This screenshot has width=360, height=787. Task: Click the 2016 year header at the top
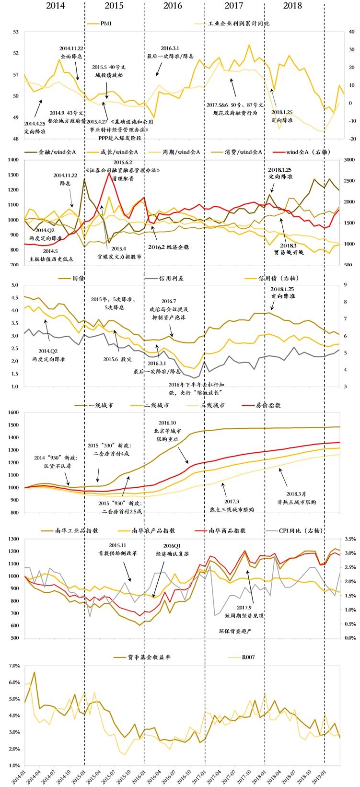(173, 6)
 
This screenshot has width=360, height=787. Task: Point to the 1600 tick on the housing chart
(13, 412)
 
